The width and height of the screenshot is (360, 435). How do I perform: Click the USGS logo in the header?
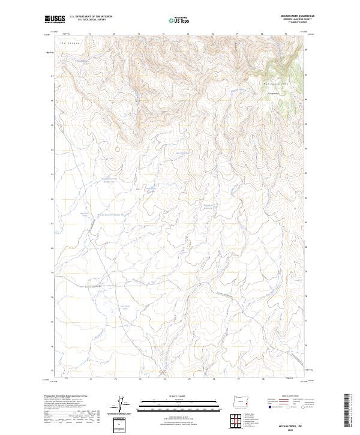(55, 19)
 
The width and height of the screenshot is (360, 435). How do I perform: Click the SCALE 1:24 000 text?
(179, 396)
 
